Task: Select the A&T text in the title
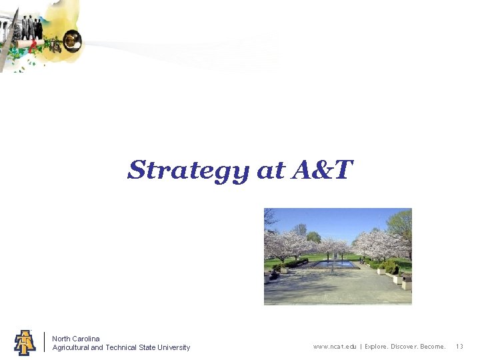click(x=321, y=170)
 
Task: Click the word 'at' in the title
click(x=271, y=171)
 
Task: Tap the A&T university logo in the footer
click(x=25, y=342)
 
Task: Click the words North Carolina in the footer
click(x=76, y=339)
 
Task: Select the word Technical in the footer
click(x=121, y=347)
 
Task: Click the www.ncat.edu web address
click(x=335, y=347)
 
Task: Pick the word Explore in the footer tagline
click(x=378, y=347)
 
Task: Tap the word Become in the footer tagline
click(x=433, y=347)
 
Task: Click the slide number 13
click(x=459, y=347)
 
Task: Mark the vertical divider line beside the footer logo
click(x=44, y=342)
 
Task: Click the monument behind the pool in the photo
click(x=335, y=254)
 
